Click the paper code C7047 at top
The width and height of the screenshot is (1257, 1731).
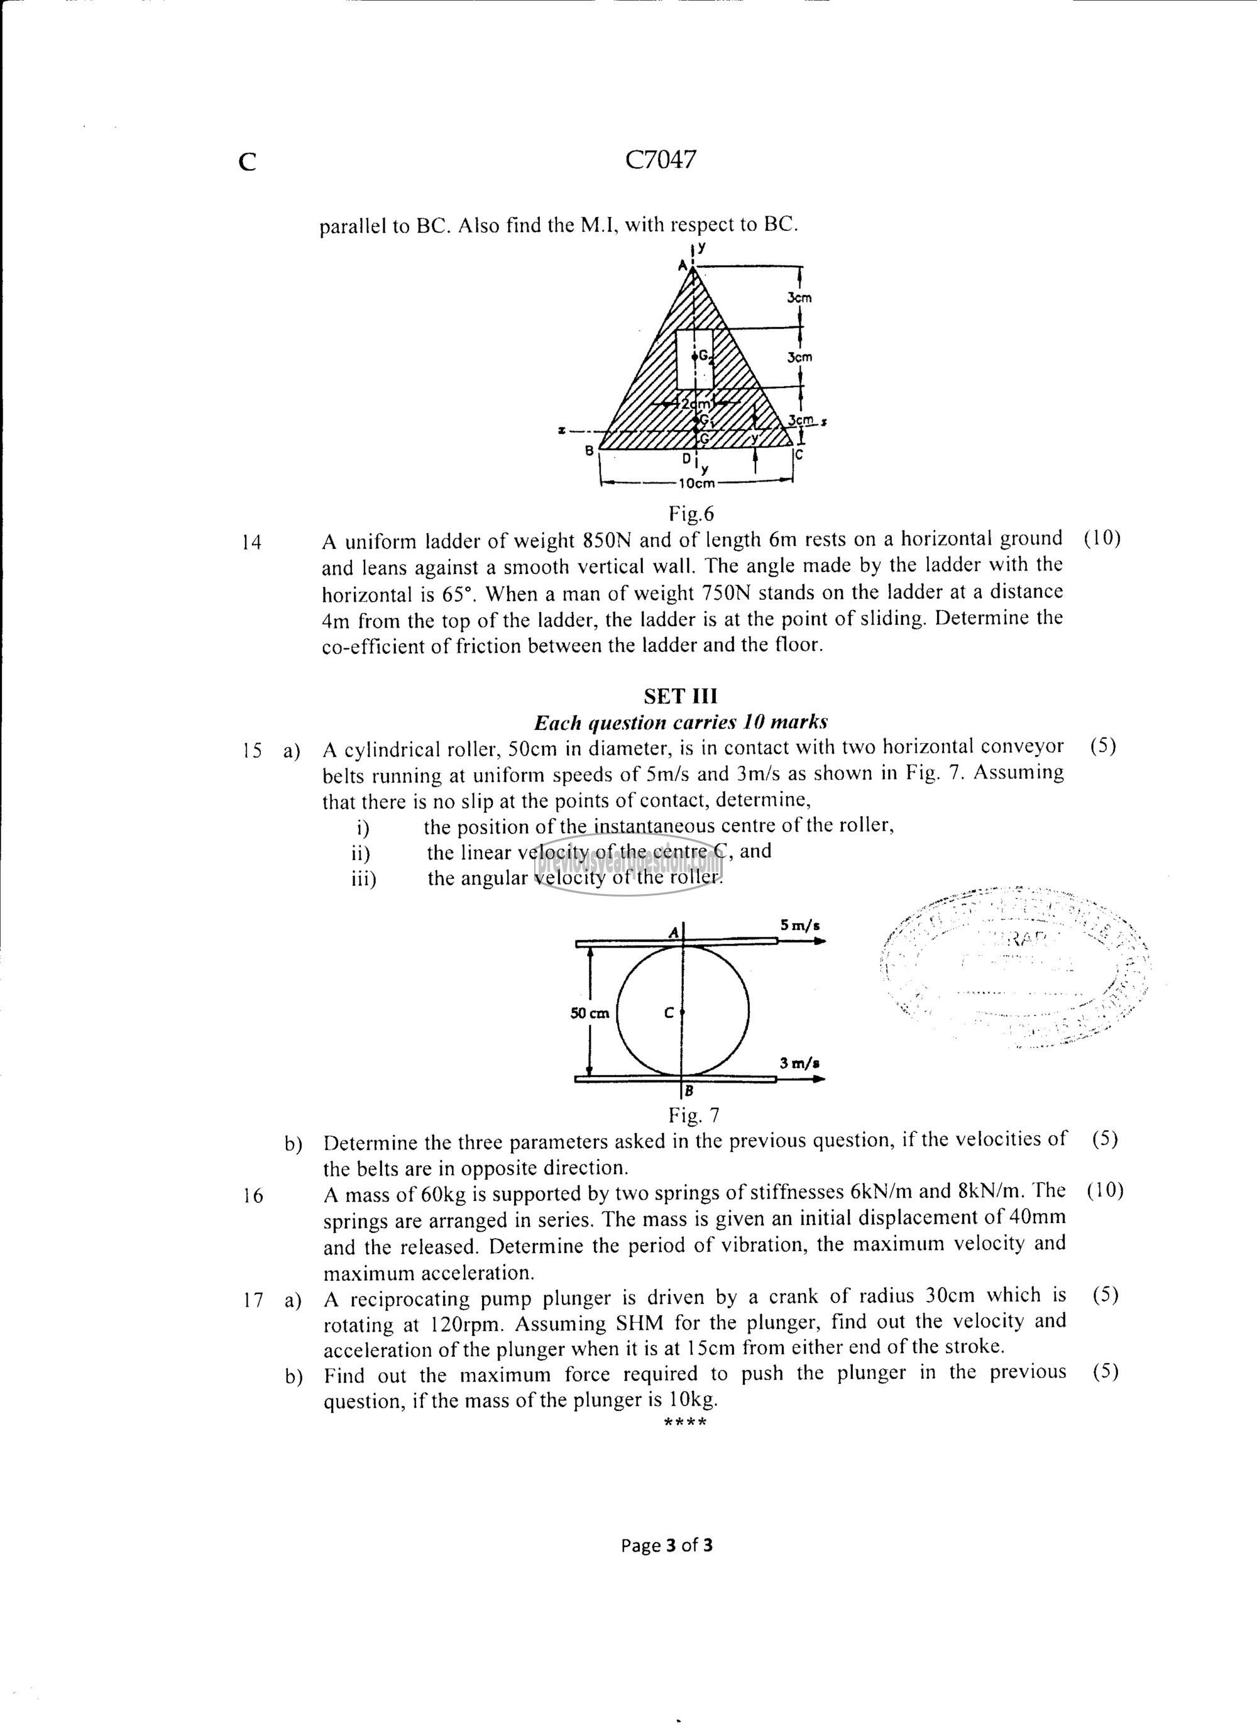(661, 160)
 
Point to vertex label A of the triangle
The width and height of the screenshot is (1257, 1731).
(683, 265)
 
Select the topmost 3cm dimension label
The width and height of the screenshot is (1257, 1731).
(799, 297)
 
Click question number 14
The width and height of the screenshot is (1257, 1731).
(251, 543)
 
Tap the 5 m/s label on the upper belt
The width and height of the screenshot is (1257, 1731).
(800, 926)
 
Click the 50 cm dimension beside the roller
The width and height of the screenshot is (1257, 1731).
(590, 1014)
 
